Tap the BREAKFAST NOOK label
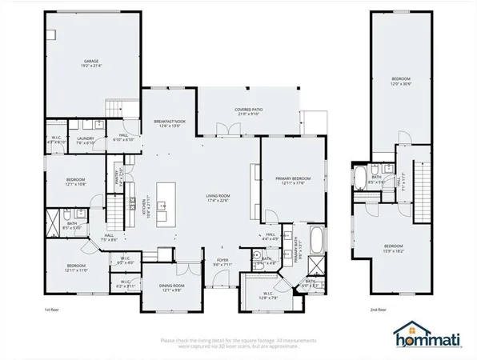(x=170, y=122)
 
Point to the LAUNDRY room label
(x=86, y=139)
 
